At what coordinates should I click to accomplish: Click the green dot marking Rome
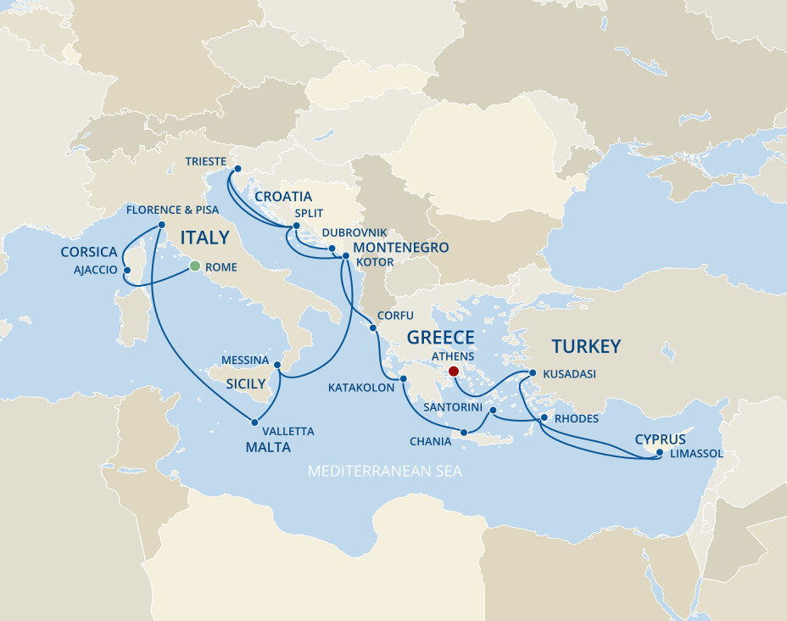(x=194, y=266)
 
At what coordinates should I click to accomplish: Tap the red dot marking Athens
(x=453, y=371)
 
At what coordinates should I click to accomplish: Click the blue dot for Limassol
(x=660, y=453)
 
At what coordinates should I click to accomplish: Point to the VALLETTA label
(x=287, y=432)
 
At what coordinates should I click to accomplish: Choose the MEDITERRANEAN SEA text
(x=385, y=471)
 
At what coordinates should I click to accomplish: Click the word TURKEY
(x=586, y=346)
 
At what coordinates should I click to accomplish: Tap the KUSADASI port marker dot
(x=532, y=373)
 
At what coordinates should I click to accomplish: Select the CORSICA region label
(x=88, y=252)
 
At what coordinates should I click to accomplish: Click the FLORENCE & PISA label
(x=172, y=210)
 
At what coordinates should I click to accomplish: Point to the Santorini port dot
(x=493, y=410)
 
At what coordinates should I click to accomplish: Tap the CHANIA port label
(x=430, y=441)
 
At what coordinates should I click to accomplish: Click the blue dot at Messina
(x=278, y=365)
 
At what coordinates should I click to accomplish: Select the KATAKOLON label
(x=361, y=388)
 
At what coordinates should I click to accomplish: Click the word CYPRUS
(x=660, y=439)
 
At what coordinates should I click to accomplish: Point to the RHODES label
(x=576, y=419)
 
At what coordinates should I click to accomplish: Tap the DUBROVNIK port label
(x=354, y=232)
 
